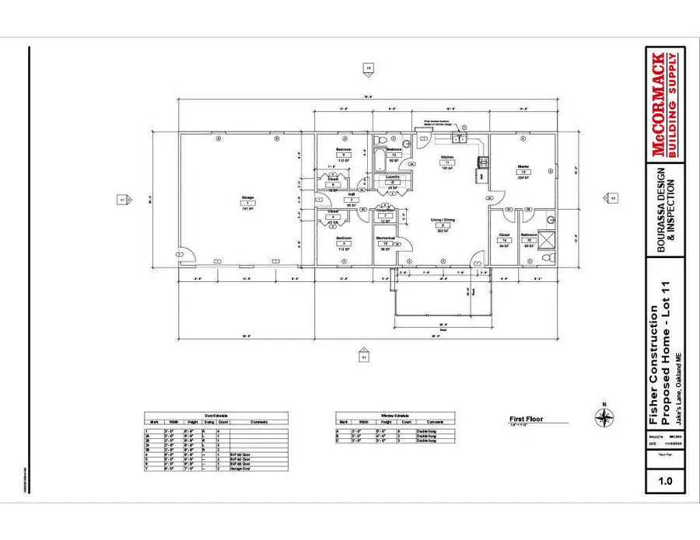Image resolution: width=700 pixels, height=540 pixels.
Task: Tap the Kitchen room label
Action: tap(447, 157)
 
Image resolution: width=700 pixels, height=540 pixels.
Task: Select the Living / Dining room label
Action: tap(443, 220)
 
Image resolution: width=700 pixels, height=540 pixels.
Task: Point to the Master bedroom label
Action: tap(523, 166)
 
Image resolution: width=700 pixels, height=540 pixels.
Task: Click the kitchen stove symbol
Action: tap(481, 162)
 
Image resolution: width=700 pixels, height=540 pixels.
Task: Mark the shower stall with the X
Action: tap(546, 240)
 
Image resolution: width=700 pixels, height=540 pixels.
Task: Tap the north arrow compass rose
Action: tap(604, 416)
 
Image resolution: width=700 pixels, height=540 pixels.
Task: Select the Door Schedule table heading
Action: tap(216, 416)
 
